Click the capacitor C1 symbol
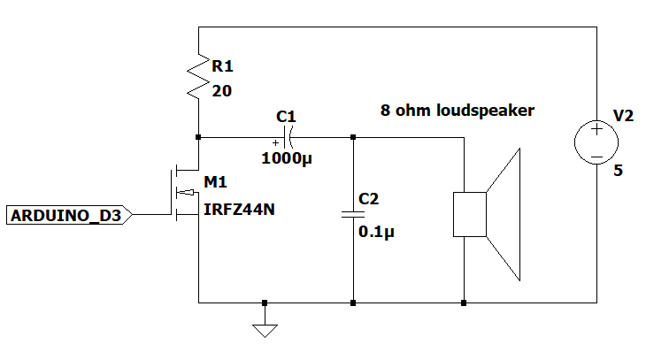pos(287,137)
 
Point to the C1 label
pos(286,116)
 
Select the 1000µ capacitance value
pos(287,159)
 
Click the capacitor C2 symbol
pos(353,214)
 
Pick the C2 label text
pos(369,199)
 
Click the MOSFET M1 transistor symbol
pos(188,191)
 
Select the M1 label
pos(215,182)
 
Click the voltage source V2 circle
pos(596,142)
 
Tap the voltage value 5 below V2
pos(618,170)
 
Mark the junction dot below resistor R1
pos(199,137)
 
